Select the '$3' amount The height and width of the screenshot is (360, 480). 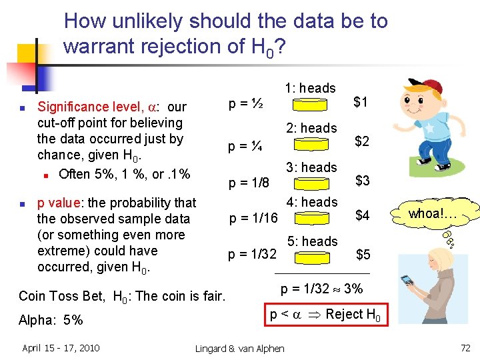click(x=363, y=181)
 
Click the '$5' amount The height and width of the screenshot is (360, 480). click(x=363, y=254)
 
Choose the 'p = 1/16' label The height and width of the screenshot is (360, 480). click(x=253, y=217)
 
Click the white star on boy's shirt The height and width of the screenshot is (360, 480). click(x=430, y=127)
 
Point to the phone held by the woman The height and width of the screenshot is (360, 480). click(x=405, y=280)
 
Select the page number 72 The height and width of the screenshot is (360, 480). click(x=466, y=347)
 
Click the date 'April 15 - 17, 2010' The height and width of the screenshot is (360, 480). click(x=61, y=347)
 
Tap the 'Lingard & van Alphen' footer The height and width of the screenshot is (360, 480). click(x=239, y=348)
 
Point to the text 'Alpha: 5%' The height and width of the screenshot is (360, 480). click(x=51, y=320)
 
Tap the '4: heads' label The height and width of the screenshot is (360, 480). click(x=311, y=202)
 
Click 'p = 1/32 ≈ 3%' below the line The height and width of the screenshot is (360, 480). click(x=322, y=289)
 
